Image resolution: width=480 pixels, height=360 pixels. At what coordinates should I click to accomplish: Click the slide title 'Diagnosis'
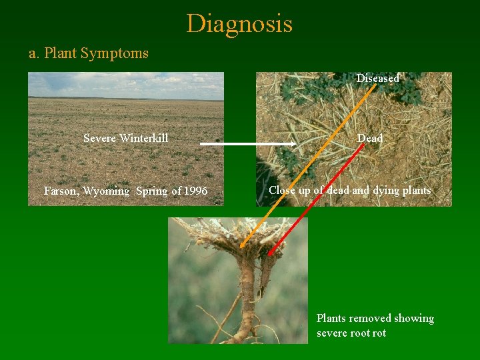[x=239, y=24]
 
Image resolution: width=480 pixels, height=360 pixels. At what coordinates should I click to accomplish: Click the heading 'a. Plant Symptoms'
[x=88, y=53]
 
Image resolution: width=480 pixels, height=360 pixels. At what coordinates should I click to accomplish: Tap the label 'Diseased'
[x=377, y=79]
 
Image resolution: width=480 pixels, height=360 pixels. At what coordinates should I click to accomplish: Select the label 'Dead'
[x=370, y=138]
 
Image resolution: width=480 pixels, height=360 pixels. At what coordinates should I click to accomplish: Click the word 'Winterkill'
[x=144, y=138]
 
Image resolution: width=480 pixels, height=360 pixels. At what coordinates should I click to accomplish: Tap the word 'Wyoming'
[x=107, y=191]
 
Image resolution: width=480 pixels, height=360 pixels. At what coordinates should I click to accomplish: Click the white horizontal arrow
[x=247, y=143]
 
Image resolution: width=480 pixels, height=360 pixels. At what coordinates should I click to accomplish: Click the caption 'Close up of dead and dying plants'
[x=349, y=191]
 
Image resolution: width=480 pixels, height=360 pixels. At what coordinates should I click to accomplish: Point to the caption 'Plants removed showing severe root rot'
[x=375, y=325]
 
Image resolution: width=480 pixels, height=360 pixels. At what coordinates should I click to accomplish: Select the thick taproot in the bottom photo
[x=247, y=293]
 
